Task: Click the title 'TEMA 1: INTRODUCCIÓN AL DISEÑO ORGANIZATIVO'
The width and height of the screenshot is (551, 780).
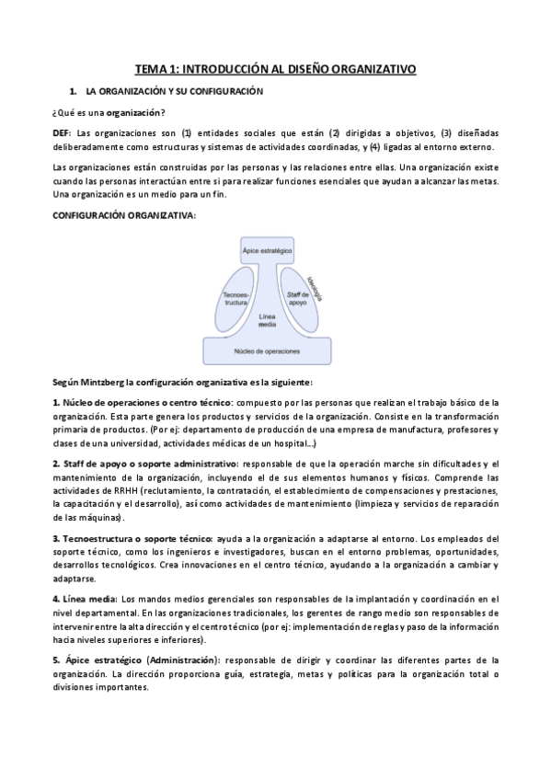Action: click(x=275, y=68)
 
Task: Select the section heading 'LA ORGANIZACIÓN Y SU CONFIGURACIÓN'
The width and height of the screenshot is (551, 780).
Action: click(x=175, y=91)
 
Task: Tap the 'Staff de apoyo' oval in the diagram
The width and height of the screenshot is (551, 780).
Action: click(x=297, y=296)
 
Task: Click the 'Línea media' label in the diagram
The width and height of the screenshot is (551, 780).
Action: click(x=267, y=321)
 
